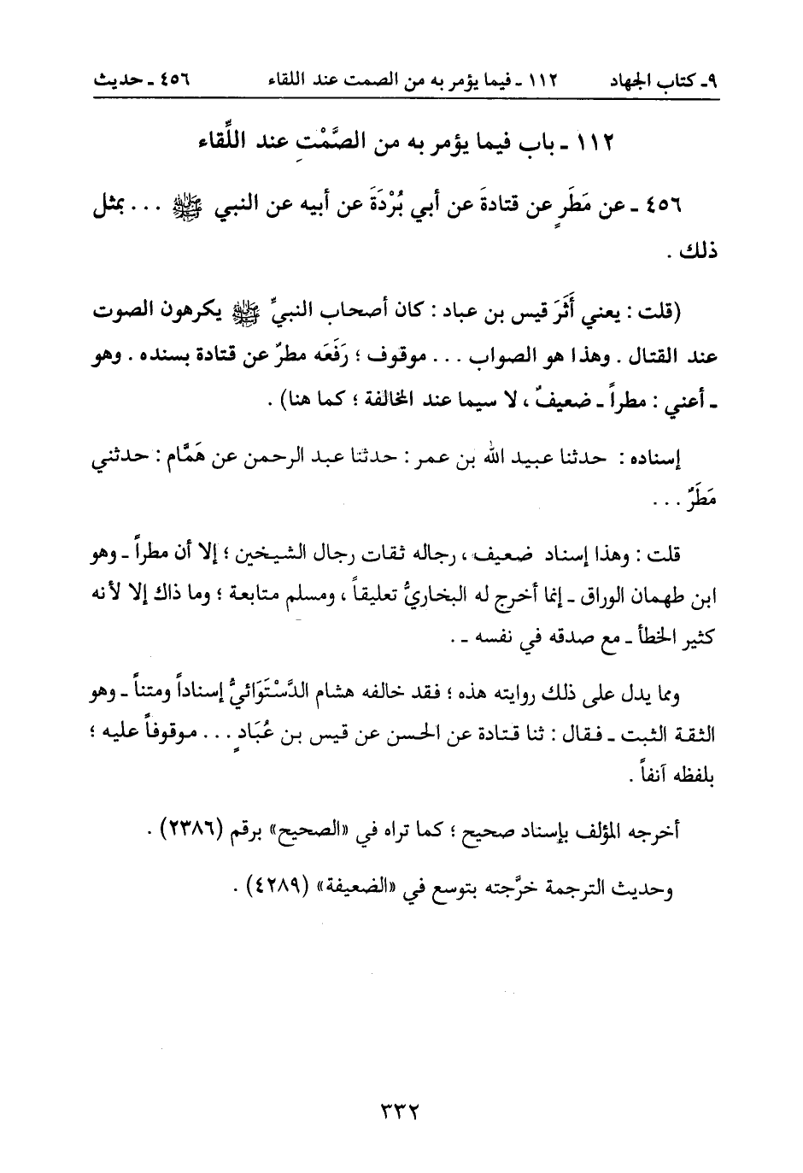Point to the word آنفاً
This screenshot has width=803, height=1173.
tap(648, 778)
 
